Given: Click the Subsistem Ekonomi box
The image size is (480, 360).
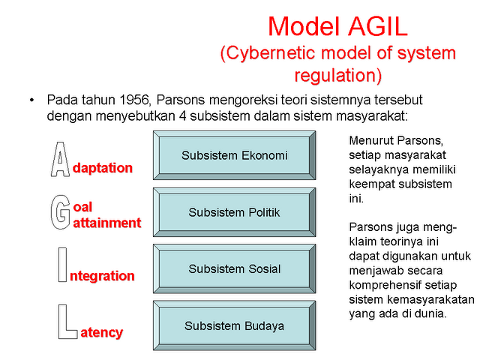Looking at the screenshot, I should pos(235,156).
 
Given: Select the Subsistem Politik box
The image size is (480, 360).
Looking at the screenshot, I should pos(235,212).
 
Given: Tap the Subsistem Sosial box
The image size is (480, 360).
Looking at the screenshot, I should pos(235,268).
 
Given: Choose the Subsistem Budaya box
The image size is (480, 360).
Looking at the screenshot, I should pos(235,325).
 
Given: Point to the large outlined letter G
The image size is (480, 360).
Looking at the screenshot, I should pos(60,211).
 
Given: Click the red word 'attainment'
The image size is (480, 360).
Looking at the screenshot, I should pos(107,223).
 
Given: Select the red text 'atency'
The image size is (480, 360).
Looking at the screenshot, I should pos(101,332).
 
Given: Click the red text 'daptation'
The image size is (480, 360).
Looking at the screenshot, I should pos(103,168).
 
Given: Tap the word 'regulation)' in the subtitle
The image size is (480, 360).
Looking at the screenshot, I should pos(337,75).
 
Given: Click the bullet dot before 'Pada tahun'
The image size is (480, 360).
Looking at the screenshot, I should pos(32,100).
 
